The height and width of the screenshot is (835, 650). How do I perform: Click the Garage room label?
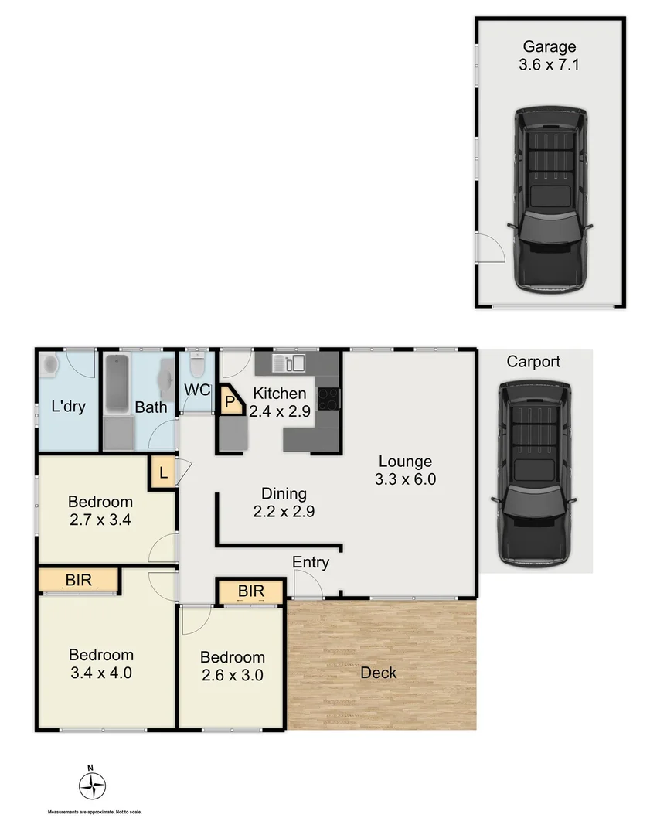(x=550, y=46)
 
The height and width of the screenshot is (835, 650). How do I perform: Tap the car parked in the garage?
(x=550, y=199)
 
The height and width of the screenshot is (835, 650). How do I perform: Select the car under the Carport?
(x=533, y=472)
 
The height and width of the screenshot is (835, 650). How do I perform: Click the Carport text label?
(x=533, y=362)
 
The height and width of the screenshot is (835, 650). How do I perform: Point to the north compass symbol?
(x=92, y=786)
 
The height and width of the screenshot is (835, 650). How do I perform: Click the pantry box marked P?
(x=230, y=402)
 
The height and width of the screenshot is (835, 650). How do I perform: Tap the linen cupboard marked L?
(x=163, y=472)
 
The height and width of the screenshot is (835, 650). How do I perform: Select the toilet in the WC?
(x=197, y=363)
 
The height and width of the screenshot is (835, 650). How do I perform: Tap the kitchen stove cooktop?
(x=328, y=397)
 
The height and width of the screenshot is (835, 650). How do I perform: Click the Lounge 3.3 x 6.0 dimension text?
(x=405, y=479)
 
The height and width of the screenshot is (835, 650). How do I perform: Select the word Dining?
(x=284, y=493)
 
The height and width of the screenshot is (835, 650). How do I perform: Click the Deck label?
(x=379, y=673)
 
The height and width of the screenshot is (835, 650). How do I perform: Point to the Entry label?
(x=311, y=562)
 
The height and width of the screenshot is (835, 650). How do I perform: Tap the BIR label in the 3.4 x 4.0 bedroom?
(x=80, y=578)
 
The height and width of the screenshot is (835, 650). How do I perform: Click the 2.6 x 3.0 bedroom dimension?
(x=232, y=674)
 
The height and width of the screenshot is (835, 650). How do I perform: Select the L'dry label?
(x=69, y=406)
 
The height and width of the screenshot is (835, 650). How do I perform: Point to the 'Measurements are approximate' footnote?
(x=95, y=813)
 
